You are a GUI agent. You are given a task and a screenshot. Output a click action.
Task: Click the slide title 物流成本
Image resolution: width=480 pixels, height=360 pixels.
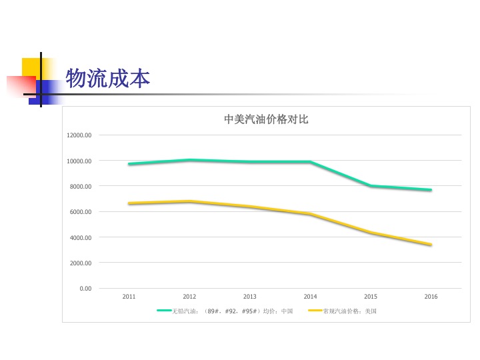coord(108,79)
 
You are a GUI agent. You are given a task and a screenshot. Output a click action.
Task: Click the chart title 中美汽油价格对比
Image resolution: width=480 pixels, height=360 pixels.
coord(266,120)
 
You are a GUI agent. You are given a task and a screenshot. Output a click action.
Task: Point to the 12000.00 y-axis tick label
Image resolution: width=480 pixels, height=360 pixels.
coord(79,135)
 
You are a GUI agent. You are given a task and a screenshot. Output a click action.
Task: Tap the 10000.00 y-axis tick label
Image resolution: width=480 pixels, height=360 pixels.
coord(79,161)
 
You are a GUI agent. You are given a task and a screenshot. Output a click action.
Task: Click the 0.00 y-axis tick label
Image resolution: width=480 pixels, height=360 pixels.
coord(85,288)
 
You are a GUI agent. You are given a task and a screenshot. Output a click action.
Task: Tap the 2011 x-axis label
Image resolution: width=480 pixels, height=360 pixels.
coord(129,296)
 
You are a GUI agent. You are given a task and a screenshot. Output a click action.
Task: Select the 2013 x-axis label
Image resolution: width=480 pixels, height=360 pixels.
coord(250,296)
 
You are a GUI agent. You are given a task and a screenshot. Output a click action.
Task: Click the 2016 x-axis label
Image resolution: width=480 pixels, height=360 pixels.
coord(431,296)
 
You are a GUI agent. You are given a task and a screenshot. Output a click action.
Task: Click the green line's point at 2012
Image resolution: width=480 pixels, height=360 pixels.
coord(190,160)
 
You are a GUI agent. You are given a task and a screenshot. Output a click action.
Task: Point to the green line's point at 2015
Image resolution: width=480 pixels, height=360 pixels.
coord(371,186)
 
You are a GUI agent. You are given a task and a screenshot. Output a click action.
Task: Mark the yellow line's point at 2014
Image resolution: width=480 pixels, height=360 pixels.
coord(311,214)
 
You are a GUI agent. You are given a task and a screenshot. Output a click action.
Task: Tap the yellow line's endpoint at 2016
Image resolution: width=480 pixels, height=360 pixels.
coord(431,245)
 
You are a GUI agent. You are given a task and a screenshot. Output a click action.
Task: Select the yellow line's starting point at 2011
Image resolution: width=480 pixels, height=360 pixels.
coord(129,203)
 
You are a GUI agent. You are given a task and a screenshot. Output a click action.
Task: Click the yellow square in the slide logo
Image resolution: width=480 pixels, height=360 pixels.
coord(32,67)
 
